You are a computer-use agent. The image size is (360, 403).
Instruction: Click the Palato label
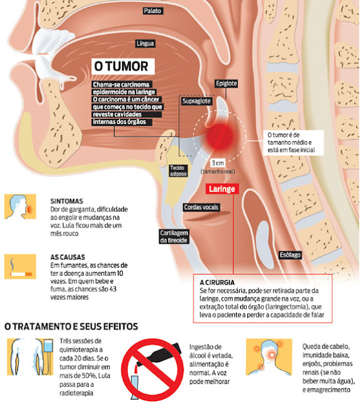point(153,11)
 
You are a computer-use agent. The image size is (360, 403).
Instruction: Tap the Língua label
point(145,43)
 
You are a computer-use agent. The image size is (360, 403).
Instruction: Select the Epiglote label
point(226,83)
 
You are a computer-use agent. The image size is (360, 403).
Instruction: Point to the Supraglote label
point(196,101)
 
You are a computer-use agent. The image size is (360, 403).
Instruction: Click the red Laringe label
point(222,189)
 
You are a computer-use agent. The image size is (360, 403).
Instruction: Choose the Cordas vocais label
point(201,207)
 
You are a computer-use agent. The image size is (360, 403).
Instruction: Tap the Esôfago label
point(290,255)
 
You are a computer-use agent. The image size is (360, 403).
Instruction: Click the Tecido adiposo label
point(178,171)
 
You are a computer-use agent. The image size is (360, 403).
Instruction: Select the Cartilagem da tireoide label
point(174,237)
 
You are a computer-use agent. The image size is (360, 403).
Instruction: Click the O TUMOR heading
point(123,66)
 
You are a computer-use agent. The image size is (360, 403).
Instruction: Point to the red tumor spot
point(220,136)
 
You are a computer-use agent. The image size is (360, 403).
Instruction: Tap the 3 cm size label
point(218,163)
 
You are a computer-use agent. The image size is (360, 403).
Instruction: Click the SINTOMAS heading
point(67,201)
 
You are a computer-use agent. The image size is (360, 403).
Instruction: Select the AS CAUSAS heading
point(67,257)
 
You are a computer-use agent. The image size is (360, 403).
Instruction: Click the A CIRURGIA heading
point(217,283)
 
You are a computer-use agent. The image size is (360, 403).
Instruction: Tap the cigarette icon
point(20,266)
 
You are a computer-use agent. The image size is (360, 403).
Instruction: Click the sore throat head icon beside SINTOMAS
point(20,207)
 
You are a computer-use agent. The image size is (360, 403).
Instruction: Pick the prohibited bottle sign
point(152,370)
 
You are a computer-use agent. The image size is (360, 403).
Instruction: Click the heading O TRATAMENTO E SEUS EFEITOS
point(71,326)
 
